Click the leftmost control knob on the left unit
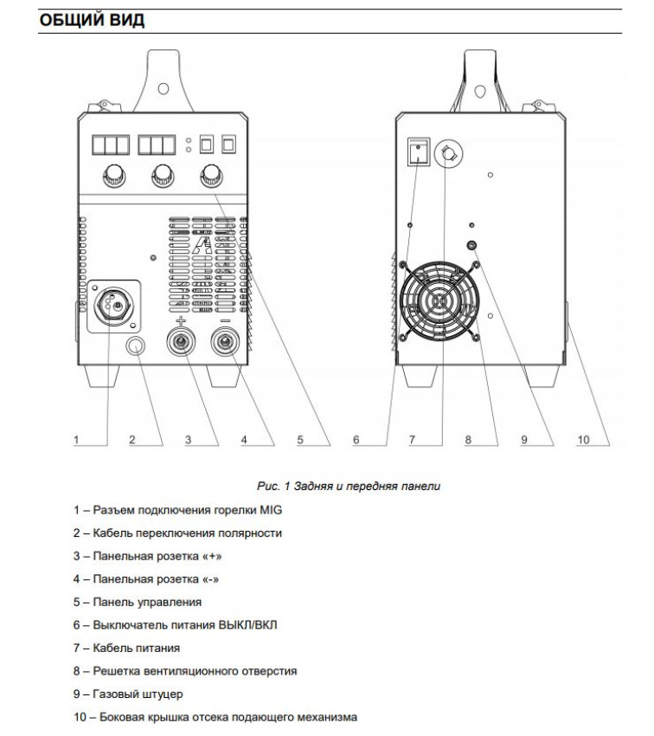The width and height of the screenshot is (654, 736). pos(112,178)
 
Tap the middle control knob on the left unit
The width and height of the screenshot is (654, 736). pos(161,178)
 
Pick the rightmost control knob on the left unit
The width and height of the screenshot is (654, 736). pos(209,178)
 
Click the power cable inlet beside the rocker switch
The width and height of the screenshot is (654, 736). pos(449,153)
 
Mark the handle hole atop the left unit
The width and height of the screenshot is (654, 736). pos(163,88)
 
